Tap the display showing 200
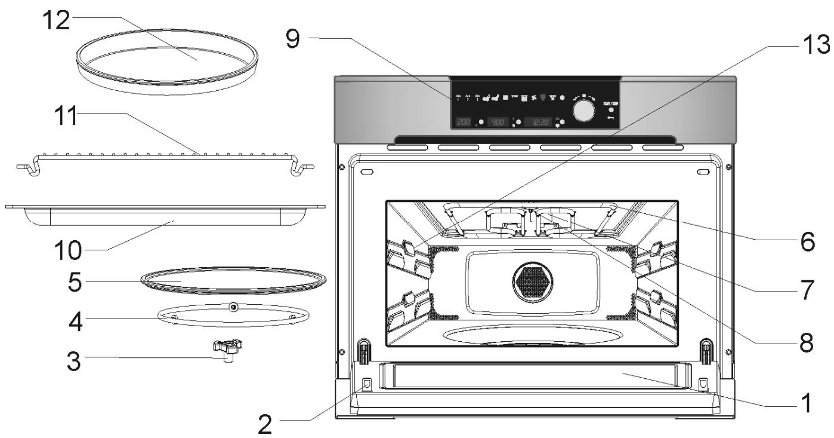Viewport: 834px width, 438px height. (463, 122)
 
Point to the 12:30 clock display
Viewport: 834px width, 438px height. (538, 122)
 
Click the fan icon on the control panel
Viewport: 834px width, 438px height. (533, 97)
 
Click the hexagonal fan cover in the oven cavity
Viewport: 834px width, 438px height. (532, 279)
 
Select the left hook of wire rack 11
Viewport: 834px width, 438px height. (31, 169)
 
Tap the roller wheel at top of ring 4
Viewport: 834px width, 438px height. (233, 307)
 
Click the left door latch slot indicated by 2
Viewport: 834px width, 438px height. (366, 383)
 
